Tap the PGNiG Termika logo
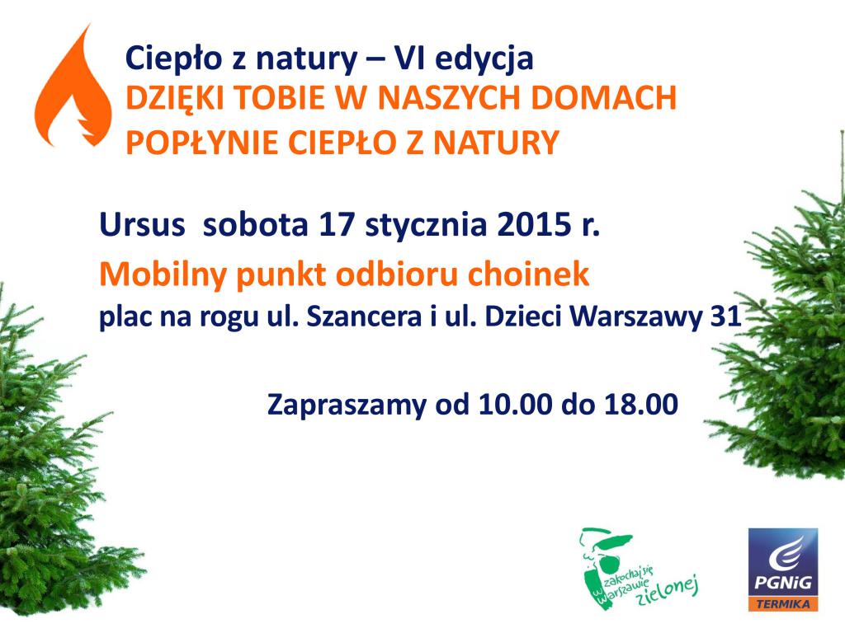tap(783, 570)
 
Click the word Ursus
tap(142, 224)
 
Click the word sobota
tap(256, 224)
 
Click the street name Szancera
tap(364, 316)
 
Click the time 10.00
tap(515, 404)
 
